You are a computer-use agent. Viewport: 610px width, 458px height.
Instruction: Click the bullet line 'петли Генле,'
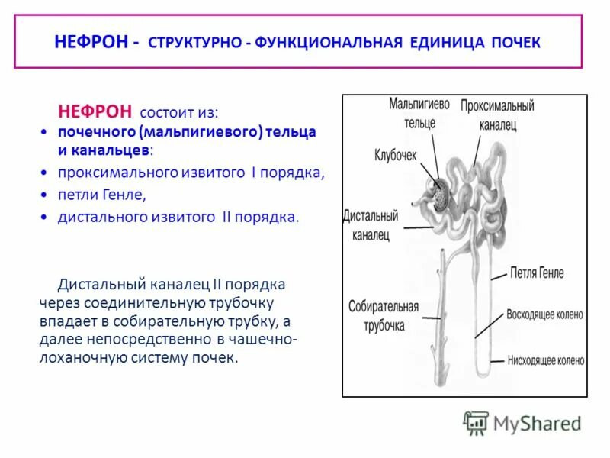tap(101, 195)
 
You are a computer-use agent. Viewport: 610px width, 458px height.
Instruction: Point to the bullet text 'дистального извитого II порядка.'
tap(179, 217)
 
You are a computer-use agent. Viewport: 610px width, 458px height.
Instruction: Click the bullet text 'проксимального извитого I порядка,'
tap(191, 173)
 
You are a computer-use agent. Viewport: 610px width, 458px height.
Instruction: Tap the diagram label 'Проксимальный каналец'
tap(497, 114)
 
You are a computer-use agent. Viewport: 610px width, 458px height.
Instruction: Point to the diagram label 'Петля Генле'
tap(537, 273)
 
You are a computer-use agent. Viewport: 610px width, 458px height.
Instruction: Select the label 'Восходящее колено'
tap(544, 314)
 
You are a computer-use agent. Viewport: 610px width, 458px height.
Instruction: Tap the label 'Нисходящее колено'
tap(545, 360)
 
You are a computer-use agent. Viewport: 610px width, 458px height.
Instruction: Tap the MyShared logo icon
tap(476, 422)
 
